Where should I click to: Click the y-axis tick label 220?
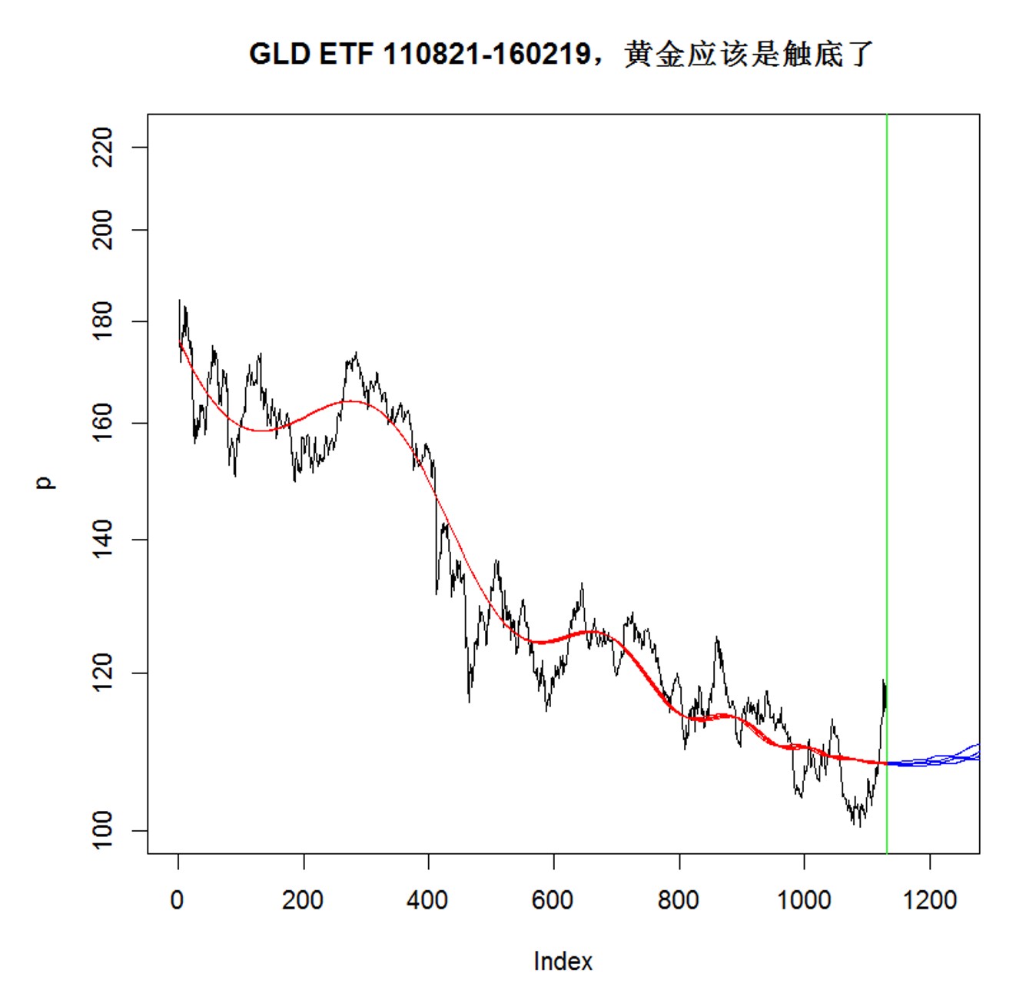tap(102, 147)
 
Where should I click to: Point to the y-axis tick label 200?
tap(102, 230)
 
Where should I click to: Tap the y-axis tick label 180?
tap(102, 321)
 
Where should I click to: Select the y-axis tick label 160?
tap(102, 424)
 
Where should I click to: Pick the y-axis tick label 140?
tap(102, 540)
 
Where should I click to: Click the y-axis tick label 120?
tap(102, 673)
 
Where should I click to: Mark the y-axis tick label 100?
tap(102, 830)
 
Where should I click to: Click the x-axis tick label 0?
tap(178, 899)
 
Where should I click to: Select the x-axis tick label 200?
tap(303, 899)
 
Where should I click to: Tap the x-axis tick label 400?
tap(428, 899)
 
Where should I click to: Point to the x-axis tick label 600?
tap(553, 899)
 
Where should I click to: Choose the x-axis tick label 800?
tap(679, 899)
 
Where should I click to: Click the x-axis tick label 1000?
tap(804, 899)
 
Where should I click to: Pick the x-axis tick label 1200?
tap(929, 899)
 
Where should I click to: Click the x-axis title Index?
tap(563, 962)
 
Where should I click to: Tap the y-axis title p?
tap(45, 482)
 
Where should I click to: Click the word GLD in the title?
tap(279, 55)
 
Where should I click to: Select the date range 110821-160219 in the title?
tap(486, 55)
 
